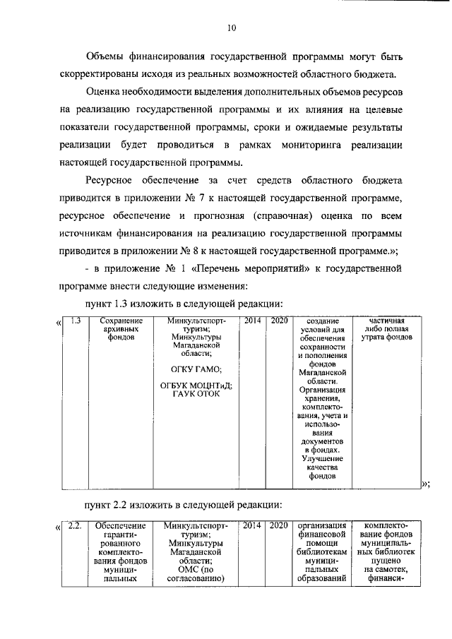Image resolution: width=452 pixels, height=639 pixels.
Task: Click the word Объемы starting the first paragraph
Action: tap(107, 56)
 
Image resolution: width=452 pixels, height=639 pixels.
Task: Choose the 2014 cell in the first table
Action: tap(252, 321)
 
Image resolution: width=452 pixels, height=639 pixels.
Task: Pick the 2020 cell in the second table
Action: tap(279, 525)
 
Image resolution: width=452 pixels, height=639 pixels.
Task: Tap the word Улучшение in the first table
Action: tap(321, 458)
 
